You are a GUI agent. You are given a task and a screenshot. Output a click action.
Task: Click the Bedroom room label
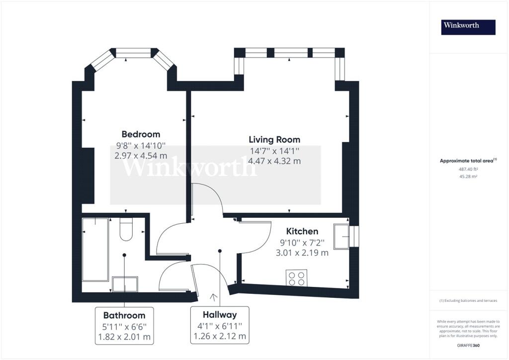141,134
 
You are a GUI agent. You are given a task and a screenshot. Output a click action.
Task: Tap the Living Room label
274,140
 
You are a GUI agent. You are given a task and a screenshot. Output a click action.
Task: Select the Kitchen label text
302,231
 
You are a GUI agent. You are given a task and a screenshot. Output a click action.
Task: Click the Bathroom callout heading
124,315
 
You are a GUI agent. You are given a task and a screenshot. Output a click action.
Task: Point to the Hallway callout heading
220,315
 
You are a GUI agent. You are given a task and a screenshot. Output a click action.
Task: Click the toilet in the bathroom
126,229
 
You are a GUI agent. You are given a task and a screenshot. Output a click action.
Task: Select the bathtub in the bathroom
95,250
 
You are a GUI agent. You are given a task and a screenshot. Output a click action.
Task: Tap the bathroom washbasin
125,284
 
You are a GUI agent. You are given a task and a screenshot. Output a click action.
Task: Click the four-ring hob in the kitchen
296,278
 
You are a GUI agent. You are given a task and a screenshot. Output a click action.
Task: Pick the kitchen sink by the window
341,237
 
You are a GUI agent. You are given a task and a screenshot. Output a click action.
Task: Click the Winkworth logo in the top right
468,27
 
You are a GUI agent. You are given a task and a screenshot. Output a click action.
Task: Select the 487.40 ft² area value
468,169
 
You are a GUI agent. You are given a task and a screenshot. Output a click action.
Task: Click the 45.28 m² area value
468,177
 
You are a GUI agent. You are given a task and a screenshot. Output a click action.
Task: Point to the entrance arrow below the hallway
214,298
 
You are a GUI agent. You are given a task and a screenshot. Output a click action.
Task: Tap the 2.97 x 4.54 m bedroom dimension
141,156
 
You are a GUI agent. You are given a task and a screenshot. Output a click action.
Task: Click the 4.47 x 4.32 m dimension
274,161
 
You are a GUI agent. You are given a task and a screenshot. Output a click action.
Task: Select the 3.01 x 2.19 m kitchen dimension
302,253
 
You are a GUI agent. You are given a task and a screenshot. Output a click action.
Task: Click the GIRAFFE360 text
468,346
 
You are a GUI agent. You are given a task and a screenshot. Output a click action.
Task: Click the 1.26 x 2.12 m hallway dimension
220,336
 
